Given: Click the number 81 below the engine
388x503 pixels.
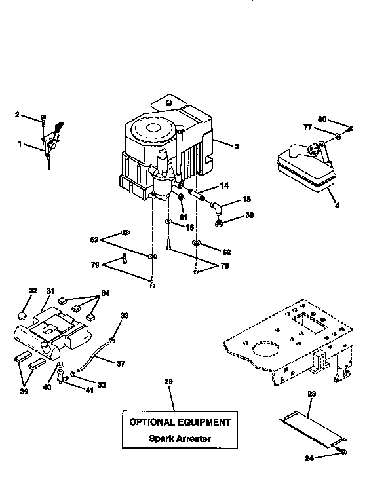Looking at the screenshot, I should pos(184,217).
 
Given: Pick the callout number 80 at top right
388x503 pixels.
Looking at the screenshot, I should pos(322,119).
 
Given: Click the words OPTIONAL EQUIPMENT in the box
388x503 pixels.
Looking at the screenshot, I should pos(180,422).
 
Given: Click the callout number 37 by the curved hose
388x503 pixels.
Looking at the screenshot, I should pos(120,363).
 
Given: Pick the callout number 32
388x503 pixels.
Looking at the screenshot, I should pos(33,290).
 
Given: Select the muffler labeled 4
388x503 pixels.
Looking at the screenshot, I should pos(303,169).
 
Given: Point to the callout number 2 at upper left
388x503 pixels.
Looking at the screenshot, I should pos(18,115).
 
